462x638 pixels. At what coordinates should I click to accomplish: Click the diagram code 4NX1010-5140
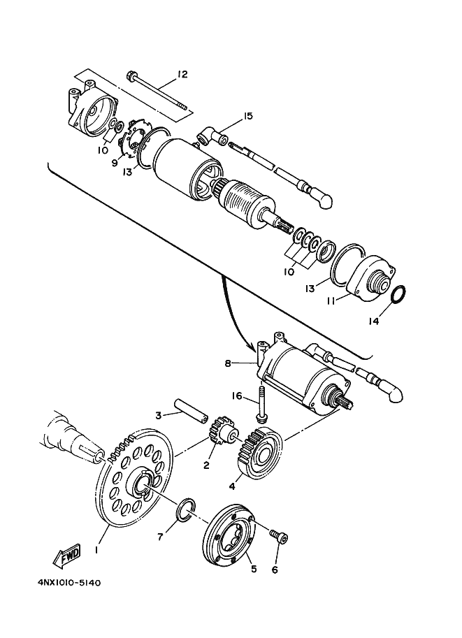(69, 583)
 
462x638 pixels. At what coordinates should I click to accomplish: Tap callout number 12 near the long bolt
(182, 74)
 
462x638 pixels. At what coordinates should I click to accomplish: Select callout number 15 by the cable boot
(247, 116)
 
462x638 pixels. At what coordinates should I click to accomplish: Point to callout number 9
(114, 163)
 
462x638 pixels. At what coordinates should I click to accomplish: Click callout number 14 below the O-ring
(374, 321)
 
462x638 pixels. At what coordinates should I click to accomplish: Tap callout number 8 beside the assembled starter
(228, 363)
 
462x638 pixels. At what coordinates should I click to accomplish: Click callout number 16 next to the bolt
(237, 396)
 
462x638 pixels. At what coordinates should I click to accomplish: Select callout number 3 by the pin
(159, 415)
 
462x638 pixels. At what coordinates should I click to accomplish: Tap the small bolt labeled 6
(279, 537)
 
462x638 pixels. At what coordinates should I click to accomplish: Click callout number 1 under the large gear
(96, 549)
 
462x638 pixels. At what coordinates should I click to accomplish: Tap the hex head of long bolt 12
(133, 75)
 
